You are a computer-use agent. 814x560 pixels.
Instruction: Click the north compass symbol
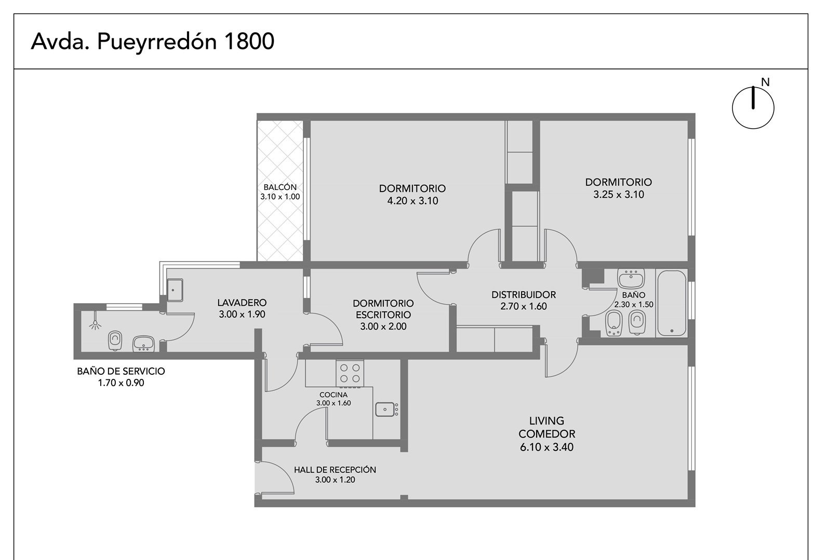(753, 107)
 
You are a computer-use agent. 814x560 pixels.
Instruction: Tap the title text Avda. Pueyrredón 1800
(153, 42)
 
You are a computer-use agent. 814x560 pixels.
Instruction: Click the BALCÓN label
(280, 187)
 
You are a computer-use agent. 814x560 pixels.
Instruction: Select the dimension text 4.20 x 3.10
(412, 201)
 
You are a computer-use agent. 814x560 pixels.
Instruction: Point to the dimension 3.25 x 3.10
(619, 195)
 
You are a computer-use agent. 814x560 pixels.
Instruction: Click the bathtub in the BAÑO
(672, 303)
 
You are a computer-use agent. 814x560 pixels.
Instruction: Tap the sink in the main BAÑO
(631, 279)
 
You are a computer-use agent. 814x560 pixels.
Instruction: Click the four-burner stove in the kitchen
(350, 373)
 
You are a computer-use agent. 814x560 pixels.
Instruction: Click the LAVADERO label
(242, 303)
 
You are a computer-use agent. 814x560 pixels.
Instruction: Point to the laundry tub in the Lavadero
(175, 290)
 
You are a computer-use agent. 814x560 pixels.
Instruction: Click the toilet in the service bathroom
(115, 341)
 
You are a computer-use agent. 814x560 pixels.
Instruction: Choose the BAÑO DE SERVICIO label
(121, 371)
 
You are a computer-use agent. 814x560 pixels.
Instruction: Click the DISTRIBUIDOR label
(524, 294)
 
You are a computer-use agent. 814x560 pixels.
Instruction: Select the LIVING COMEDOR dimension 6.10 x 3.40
(546, 447)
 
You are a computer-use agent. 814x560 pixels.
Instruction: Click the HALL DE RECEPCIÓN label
(335, 470)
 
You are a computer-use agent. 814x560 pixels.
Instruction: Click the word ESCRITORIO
(383, 315)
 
